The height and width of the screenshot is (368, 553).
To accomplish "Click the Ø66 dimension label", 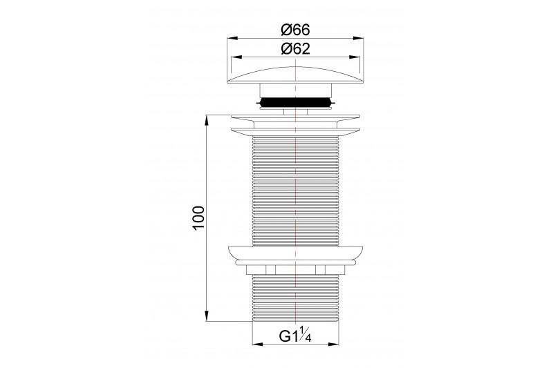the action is pos(295,30).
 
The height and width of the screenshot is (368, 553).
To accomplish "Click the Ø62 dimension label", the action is pos(295,48).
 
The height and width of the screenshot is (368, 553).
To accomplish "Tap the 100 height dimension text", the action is pos(199,218).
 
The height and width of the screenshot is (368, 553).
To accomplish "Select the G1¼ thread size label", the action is pos(295,336).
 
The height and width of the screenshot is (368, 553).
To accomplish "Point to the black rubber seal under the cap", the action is pos(295,102).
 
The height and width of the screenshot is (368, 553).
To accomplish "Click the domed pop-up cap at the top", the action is pos(295,75).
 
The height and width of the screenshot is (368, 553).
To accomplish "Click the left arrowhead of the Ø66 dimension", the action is pos(232,39).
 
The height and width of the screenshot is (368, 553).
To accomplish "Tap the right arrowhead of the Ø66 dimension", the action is pos(358,39).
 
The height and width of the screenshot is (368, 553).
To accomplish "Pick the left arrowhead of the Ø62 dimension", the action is pos(236,57).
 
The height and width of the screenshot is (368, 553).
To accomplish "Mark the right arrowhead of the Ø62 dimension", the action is pos(355,57).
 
